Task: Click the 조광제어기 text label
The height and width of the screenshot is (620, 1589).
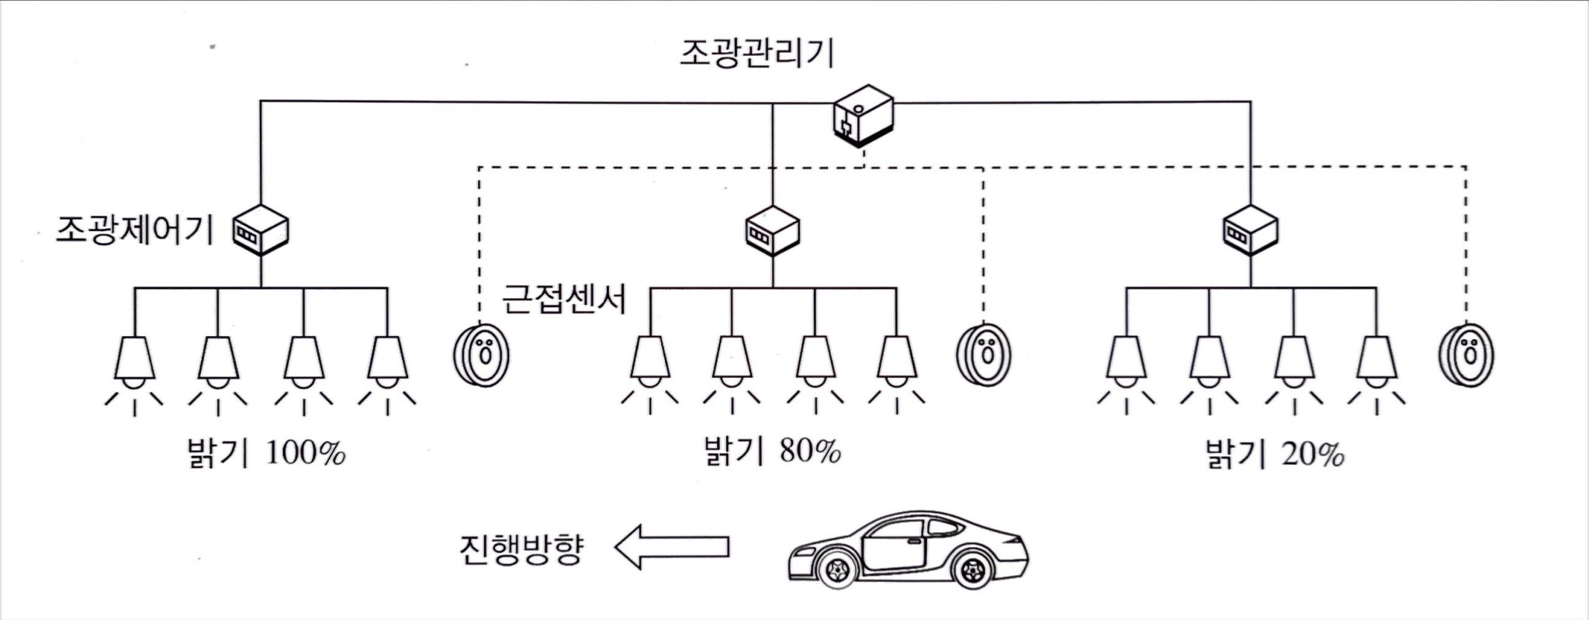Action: click(x=134, y=230)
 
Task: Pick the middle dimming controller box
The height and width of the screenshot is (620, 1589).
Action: click(x=771, y=230)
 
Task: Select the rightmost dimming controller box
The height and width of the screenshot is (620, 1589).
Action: click(x=1250, y=230)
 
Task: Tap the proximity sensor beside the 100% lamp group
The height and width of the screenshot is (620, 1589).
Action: click(x=482, y=355)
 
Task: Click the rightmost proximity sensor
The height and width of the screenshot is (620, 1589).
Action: click(x=1466, y=355)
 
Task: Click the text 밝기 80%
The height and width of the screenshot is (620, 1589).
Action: click(x=771, y=450)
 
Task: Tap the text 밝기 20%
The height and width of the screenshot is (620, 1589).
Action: click(x=1273, y=453)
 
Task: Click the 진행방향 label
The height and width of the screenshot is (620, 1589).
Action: click(x=520, y=549)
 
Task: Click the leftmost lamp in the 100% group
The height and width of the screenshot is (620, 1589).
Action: click(x=134, y=361)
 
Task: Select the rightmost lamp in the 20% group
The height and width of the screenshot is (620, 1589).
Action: click(x=1376, y=361)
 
